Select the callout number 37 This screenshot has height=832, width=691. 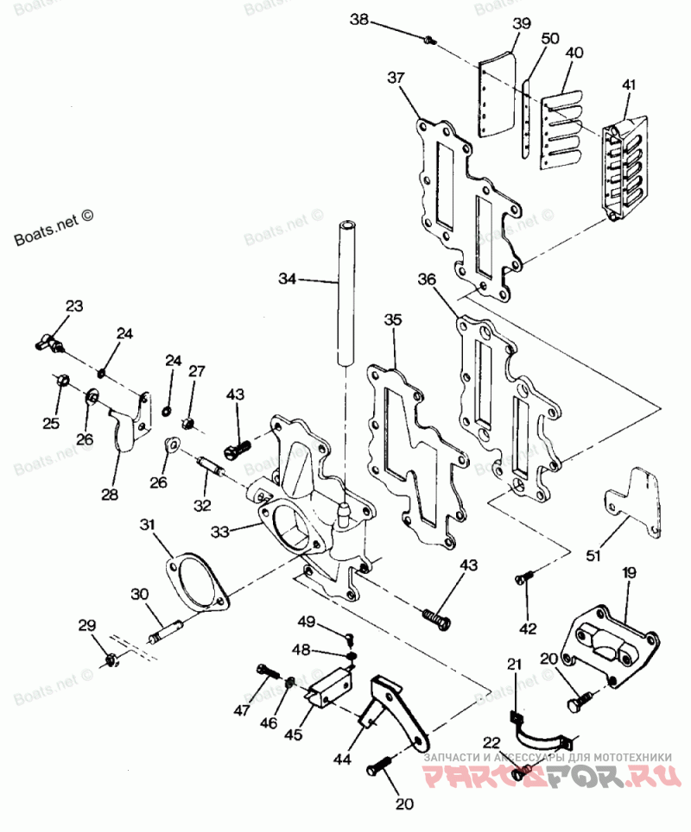[x=396, y=78]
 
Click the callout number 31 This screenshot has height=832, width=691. [x=149, y=526]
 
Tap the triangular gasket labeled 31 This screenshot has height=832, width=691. [x=198, y=582]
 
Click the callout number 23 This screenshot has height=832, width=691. [x=74, y=306]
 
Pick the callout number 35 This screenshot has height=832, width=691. [x=393, y=320]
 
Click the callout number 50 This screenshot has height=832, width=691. [x=549, y=39]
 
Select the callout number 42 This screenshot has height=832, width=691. [x=528, y=628]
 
